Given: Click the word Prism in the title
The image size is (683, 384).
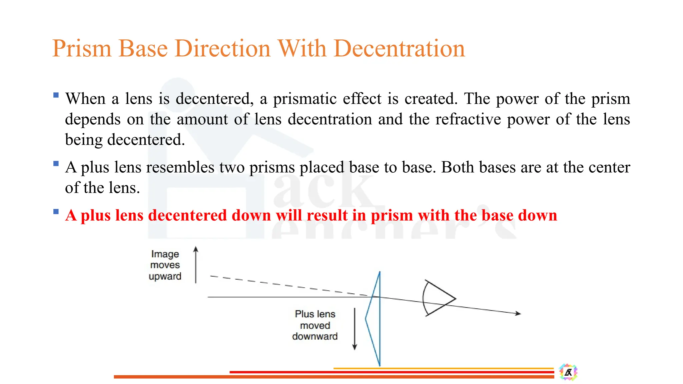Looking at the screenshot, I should [x=81, y=49].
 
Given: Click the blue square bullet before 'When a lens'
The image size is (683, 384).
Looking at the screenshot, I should [x=56, y=95].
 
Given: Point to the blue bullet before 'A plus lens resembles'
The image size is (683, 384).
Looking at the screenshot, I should [x=56, y=164].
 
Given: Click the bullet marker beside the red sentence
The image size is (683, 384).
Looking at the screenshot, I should [x=56, y=212].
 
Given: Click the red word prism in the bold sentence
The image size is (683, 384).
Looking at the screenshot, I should [x=392, y=215].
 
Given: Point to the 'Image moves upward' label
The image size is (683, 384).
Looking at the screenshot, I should [x=165, y=265].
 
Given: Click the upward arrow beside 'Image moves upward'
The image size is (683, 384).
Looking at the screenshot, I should [x=196, y=265].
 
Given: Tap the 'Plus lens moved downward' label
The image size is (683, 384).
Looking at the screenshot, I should [x=315, y=325].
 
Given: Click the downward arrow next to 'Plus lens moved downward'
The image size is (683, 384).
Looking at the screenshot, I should [x=355, y=329].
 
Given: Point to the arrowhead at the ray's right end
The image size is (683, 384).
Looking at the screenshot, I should [x=518, y=313].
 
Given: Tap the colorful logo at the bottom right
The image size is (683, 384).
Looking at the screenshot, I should [x=568, y=372].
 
